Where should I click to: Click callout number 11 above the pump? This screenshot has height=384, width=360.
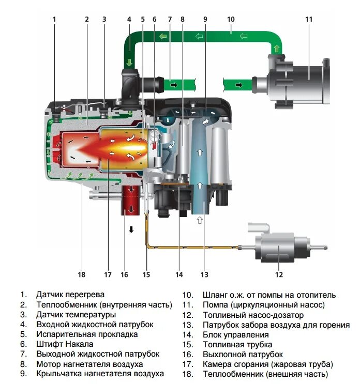(x=309, y=19)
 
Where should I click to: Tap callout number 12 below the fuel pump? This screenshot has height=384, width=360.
(x=279, y=274)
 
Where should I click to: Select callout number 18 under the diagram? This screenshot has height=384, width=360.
(x=81, y=274)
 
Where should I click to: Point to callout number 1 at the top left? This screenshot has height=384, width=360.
(x=54, y=19)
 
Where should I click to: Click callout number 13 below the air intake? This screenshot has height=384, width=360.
(x=204, y=274)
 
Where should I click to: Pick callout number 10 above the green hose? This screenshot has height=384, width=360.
(x=231, y=19)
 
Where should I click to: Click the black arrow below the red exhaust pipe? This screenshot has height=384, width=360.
(x=131, y=229)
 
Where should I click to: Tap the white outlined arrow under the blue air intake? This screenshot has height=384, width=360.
(x=200, y=220)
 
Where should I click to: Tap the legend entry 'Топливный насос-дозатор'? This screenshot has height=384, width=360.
(x=253, y=315)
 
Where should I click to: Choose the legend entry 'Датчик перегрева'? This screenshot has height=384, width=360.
(x=70, y=295)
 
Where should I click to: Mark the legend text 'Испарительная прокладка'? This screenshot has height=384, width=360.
(x=87, y=334)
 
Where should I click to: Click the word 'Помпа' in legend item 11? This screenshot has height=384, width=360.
(x=215, y=305)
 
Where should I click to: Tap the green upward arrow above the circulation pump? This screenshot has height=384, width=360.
(x=277, y=49)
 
